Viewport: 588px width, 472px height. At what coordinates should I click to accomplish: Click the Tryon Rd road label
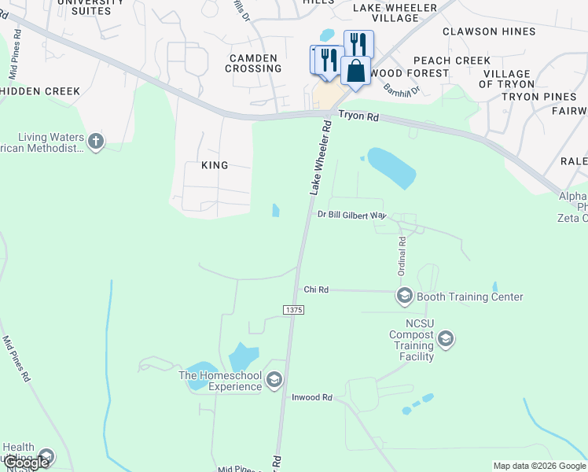pyautogui.click(x=358, y=116)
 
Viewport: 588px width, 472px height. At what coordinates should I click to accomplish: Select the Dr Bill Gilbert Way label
pyautogui.click(x=352, y=214)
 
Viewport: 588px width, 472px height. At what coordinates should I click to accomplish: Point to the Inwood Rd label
pyautogui.click(x=312, y=397)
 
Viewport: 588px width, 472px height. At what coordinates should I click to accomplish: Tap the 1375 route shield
pyautogui.click(x=294, y=311)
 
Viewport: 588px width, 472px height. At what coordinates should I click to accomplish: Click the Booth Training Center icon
pyautogui.click(x=405, y=297)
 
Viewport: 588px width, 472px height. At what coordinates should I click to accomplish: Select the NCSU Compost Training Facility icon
pyautogui.click(x=446, y=339)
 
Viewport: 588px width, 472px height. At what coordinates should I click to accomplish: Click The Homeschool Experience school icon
pyautogui.click(x=274, y=381)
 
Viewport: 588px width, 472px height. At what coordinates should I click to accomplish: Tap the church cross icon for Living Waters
pyautogui.click(x=96, y=142)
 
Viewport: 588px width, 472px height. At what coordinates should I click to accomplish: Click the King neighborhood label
pyautogui.click(x=215, y=165)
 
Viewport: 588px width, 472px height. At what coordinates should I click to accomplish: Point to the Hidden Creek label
pyautogui.click(x=40, y=91)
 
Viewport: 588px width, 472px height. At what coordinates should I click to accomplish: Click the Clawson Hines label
pyautogui.click(x=489, y=31)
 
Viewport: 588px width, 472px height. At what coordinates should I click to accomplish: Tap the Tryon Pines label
pyautogui.click(x=538, y=97)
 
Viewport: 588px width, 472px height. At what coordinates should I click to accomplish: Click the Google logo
pyautogui.click(x=27, y=463)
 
